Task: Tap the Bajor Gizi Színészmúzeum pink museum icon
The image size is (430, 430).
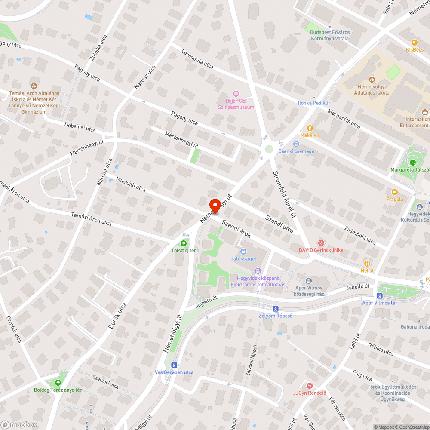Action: [236, 94]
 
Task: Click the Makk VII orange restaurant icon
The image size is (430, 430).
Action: [310, 128]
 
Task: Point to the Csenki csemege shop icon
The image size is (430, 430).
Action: [296, 144]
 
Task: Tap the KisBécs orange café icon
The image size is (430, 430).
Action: [415, 43]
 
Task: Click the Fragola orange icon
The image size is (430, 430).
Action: [394, 192]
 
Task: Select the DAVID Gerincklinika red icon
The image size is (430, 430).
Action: [320, 243]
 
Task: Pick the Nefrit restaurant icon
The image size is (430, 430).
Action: [367, 264]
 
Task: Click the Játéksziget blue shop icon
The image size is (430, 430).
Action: [243, 251]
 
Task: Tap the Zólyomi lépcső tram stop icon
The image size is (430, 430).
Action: [275, 308]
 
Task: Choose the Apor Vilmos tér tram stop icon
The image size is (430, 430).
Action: [380, 296]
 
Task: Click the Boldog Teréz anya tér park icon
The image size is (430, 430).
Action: [58, 383]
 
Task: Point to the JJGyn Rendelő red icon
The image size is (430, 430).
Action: [309, 385]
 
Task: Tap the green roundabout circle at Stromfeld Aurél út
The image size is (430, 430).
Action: [269, 149]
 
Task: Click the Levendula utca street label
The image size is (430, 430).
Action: [197, 59]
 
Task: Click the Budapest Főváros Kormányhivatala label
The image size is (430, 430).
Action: [330, 35]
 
